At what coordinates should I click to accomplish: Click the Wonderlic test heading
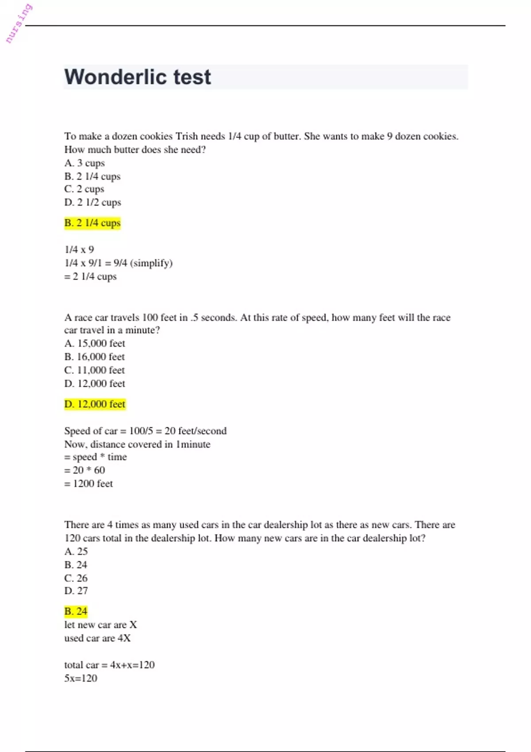138,77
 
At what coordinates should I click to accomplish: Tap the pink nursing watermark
19,23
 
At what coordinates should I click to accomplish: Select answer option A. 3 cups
85,163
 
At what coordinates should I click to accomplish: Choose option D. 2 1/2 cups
92,203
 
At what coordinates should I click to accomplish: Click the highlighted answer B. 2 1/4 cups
92,223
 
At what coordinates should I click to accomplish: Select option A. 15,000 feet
95,344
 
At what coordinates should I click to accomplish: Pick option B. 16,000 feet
95,357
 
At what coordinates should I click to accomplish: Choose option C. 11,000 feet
95,370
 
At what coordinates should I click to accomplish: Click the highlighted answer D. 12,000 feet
95,404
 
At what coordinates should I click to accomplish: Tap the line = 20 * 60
85,470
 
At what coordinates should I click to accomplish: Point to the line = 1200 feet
88,483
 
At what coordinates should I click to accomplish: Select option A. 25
76,552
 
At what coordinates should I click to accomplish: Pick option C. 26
76,578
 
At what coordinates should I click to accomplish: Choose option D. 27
76,591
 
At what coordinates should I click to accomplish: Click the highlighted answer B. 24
76,612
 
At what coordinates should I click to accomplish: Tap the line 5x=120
81,679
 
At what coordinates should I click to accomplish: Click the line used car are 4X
97,638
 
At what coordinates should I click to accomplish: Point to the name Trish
186,136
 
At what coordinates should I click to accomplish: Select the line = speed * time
96,457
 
